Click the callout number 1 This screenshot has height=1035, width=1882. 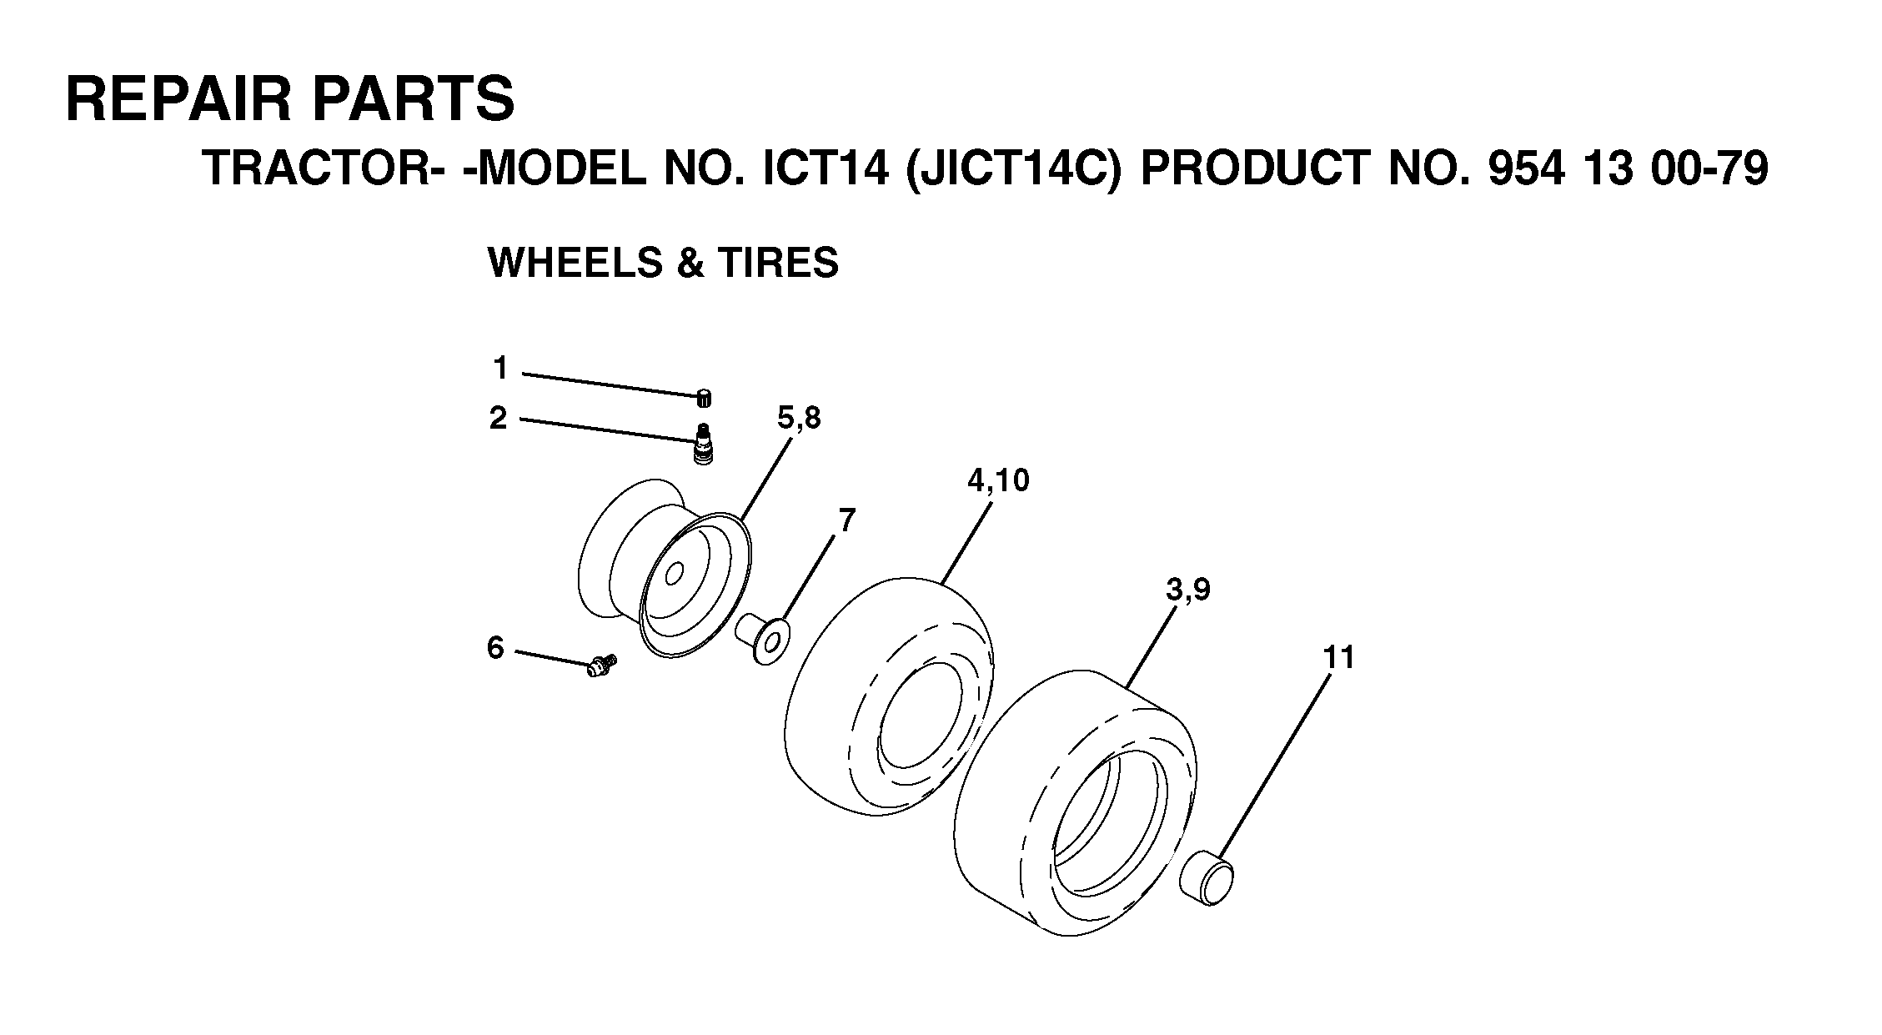pyautogui.click(x=500, y=368)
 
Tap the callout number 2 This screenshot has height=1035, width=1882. pyautogui.click(x=498, y=418)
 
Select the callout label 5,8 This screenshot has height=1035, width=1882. pyautogui.click(x=799, y=418)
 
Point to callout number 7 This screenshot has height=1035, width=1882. pyautogui.click(x=846, y=520)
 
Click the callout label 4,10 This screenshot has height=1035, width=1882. pyautogui.click(x=998, y=480)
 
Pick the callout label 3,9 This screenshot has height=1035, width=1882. pyautogui.click(x=1188, y=590)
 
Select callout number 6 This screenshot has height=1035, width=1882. pyautogui.click(x=495, y=647)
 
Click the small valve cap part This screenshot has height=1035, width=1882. pyautogui.click(x=705, y=399)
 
